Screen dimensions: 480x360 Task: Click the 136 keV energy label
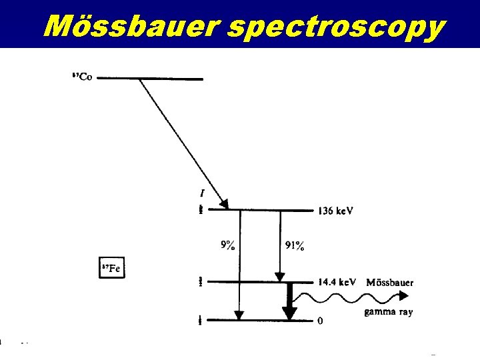[335, 211]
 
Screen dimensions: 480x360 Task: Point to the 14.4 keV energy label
[337, 282]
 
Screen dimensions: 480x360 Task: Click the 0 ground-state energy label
[321, 321]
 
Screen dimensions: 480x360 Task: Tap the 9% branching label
[227, 245]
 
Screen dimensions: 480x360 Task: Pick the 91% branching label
[294, 246]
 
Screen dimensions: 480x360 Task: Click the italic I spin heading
[202, 194]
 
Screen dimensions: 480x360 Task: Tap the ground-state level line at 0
[260, 321]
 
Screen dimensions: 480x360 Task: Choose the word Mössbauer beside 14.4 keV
[390, 282]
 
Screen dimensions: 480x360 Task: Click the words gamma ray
[388, 313]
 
